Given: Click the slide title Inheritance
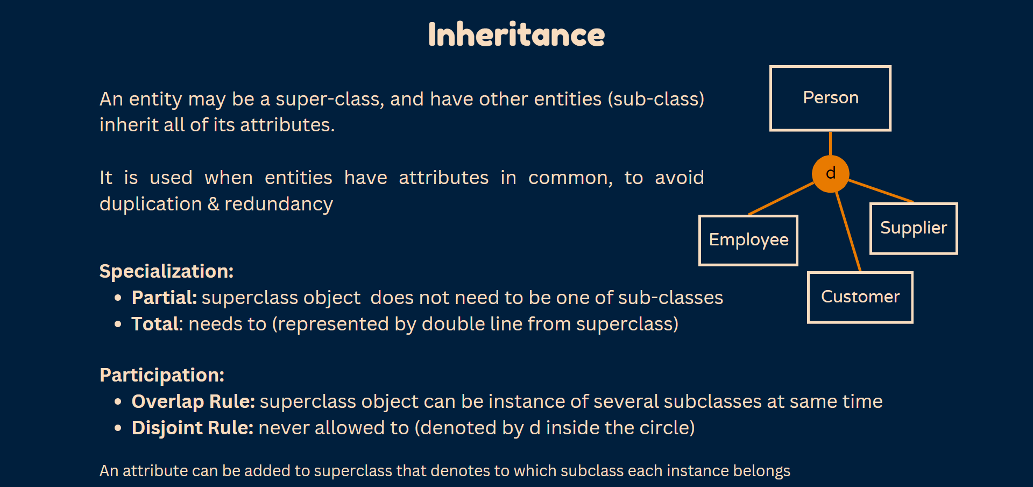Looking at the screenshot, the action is (516, 34).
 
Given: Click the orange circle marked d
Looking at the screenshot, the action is (830, 173).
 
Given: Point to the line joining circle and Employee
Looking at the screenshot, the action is (781, 199).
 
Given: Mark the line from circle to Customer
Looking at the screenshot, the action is (848, 231).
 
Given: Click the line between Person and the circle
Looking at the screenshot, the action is (830, 143).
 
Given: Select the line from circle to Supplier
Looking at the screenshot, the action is (881, 190).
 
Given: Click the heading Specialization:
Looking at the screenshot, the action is (166, 271).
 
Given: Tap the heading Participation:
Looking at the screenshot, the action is (162, 375).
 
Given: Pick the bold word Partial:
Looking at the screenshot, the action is (164, 298).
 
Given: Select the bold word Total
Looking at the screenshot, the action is (155, 324).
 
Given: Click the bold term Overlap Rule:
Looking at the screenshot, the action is (193, 401).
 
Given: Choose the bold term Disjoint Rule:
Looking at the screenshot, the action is (193, 428).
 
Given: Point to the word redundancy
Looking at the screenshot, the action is (279, 204).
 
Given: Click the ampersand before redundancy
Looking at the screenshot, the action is (214, 204).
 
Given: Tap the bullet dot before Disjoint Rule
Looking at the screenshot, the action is (118, 428).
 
